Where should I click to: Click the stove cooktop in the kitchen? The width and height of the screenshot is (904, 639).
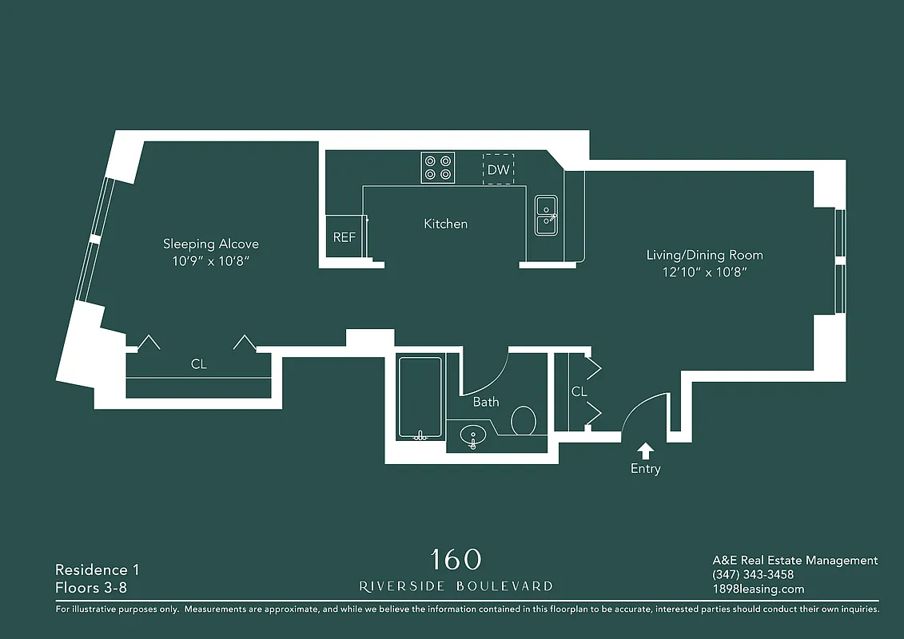438,168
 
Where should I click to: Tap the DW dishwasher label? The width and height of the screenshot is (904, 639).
498,169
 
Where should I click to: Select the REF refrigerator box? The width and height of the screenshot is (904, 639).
344,237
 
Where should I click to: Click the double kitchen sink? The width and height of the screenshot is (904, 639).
546,215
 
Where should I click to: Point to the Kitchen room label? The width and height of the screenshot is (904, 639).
445,224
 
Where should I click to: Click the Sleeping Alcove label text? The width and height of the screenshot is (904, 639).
211,244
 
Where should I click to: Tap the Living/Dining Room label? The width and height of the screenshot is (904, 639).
704,255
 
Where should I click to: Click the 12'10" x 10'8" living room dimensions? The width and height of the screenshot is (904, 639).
704,272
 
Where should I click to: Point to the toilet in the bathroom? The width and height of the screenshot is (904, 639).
524,420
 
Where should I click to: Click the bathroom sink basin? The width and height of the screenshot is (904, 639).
473,437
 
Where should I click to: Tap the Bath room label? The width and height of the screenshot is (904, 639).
485,402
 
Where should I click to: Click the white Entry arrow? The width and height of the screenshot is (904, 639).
645,451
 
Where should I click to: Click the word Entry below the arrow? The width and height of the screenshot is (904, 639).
645,469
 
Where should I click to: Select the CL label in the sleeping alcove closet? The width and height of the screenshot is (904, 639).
198,364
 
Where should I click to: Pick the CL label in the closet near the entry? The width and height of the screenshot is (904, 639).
579,391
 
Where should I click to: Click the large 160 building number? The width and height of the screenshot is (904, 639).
456,559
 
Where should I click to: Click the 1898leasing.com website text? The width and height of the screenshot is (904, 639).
758,589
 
